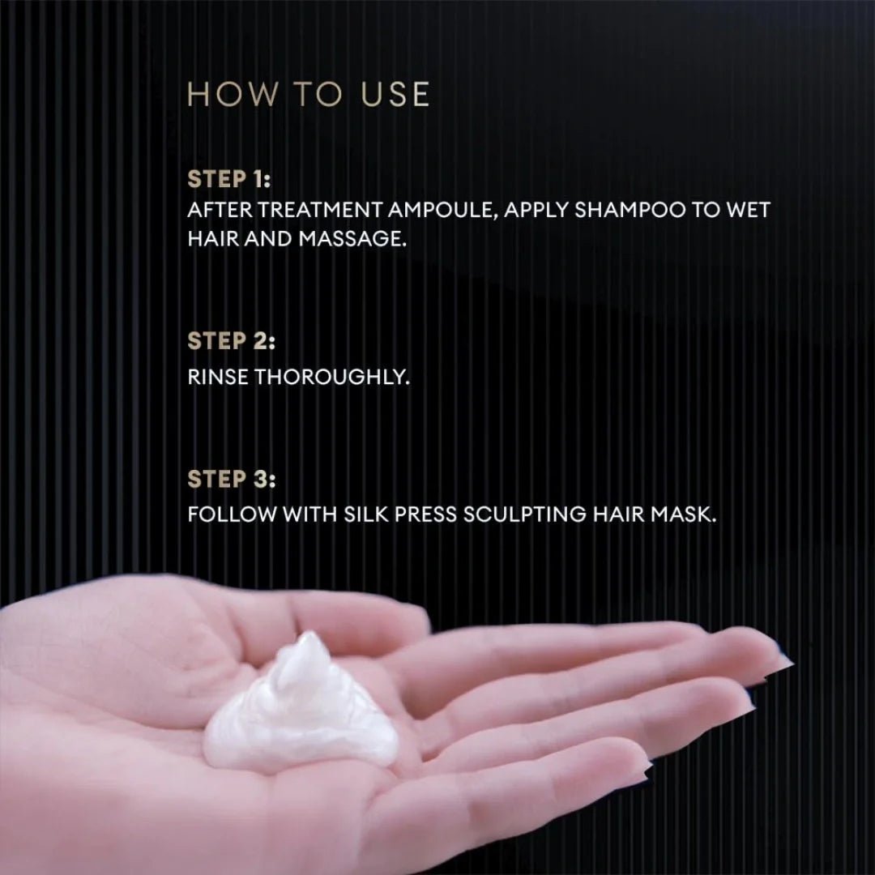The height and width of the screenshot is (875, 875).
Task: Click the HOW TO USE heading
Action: tap(308, 95)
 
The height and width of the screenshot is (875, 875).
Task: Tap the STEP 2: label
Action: tap(231, 342)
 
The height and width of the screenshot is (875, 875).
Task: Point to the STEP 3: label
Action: tap(231, 480)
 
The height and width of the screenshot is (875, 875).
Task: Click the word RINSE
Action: tap(218, 377)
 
